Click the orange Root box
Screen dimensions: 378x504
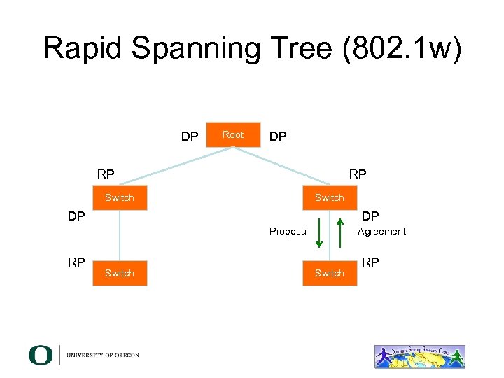pyautogui.click(x=233, y=135)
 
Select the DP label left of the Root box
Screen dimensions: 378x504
pyautogui.click(x=190, y=136)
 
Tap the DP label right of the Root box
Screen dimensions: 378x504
pyautogui.click(x=278, y=136)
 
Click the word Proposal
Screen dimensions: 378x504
pyautogui.click(x=288, y=232)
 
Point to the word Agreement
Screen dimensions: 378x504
pyautogui.click(x=381, y=232)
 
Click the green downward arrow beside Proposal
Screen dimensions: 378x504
pyautogui.click(x=319, y=232)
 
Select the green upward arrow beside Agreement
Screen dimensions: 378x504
pyautogui.click(x=340, y=232)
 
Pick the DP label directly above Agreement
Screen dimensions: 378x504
pyautogui.click(x=370, y=216)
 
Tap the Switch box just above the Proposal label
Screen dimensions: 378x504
pyautogui.click(x=330, y=198)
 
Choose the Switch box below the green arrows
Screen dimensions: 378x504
pyautogui.click(x=330, y=273)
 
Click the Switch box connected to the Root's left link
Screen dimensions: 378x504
pyautogui.click(x=120, y=198)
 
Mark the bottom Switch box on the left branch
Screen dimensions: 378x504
pyautogui.click(x=120, y=273)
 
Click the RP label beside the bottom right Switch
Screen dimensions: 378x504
pyautogui.click(x=370, y=262)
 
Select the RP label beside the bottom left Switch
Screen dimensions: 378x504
pyautogui.click(x=76, y=262)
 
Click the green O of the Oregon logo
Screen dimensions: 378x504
pyautogui.click(x=40, y=355)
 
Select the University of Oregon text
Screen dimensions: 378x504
pyautogui.click(x=103, y=356)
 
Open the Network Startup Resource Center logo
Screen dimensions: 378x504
pyautogui.click(x=419, y=356)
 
